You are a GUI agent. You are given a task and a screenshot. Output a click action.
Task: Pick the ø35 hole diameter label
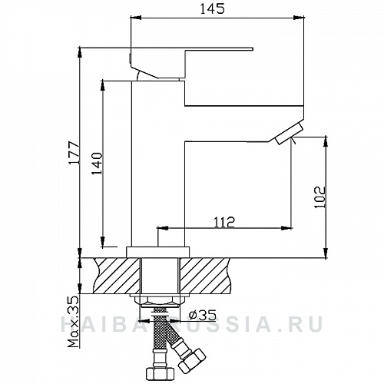[x=201, y=314]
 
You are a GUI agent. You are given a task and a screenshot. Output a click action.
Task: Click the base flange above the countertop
[x=158, y=251]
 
